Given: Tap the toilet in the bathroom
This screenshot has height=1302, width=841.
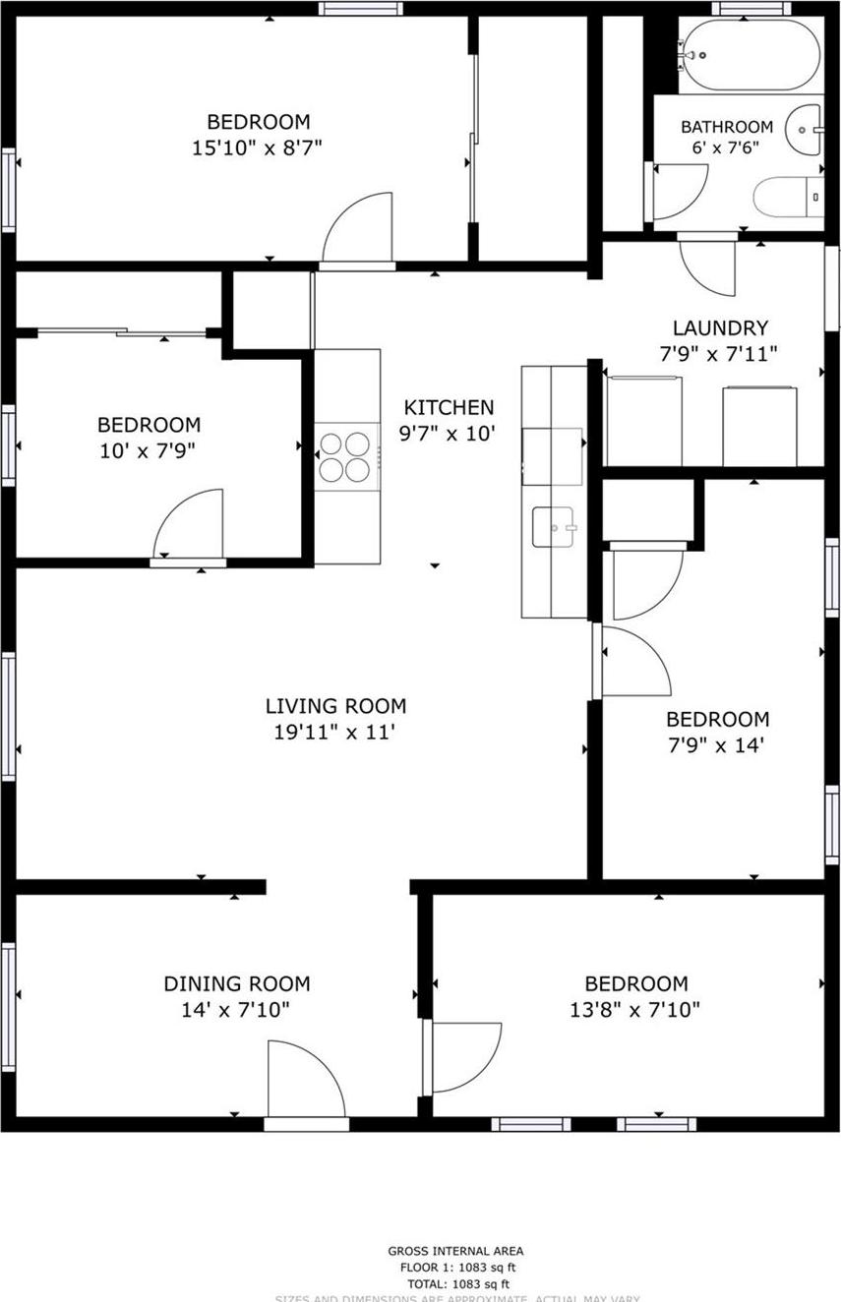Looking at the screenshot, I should pos(787,197).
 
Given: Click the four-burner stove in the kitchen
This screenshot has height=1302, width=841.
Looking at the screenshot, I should pos(347,457).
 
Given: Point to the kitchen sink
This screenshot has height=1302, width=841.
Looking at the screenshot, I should pos(556,526).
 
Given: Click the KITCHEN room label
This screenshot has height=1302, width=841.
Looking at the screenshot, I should pos(449,407).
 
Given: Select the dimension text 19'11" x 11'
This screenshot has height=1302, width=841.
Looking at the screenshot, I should pos(335,732).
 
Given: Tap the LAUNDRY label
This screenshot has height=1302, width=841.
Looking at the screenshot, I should pos(720,328).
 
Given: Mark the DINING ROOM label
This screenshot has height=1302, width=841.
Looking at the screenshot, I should pos(236,983).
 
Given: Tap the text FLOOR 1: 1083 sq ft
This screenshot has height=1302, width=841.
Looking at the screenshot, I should pos(454,1269).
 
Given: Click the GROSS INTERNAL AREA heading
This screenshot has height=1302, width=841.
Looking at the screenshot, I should pos(454,1252).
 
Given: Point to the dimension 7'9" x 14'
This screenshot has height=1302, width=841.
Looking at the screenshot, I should pos(717,745).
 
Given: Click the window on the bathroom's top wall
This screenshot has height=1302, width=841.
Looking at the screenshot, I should pos(751,8).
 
